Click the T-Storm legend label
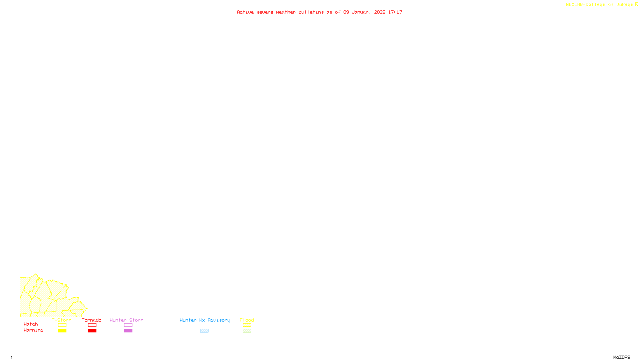[62, 320]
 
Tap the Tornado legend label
[92, 320]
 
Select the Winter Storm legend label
[126, 320]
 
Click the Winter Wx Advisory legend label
[205, 320]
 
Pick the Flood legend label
[247, 320]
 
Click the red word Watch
[31, 324]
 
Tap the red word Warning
[34, 330]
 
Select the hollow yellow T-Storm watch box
[62, 325]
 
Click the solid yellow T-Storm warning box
[62, 331]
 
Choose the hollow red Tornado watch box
[92, 325]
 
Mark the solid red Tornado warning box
[92, 331]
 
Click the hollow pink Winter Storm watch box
[128, 325]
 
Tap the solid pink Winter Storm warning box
[128, 331]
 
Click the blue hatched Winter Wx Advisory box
[204, 331]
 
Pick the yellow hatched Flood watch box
[247, 325]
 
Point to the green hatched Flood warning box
[247, 331]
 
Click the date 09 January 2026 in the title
[364, 12]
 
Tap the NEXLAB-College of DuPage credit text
[600, 5]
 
